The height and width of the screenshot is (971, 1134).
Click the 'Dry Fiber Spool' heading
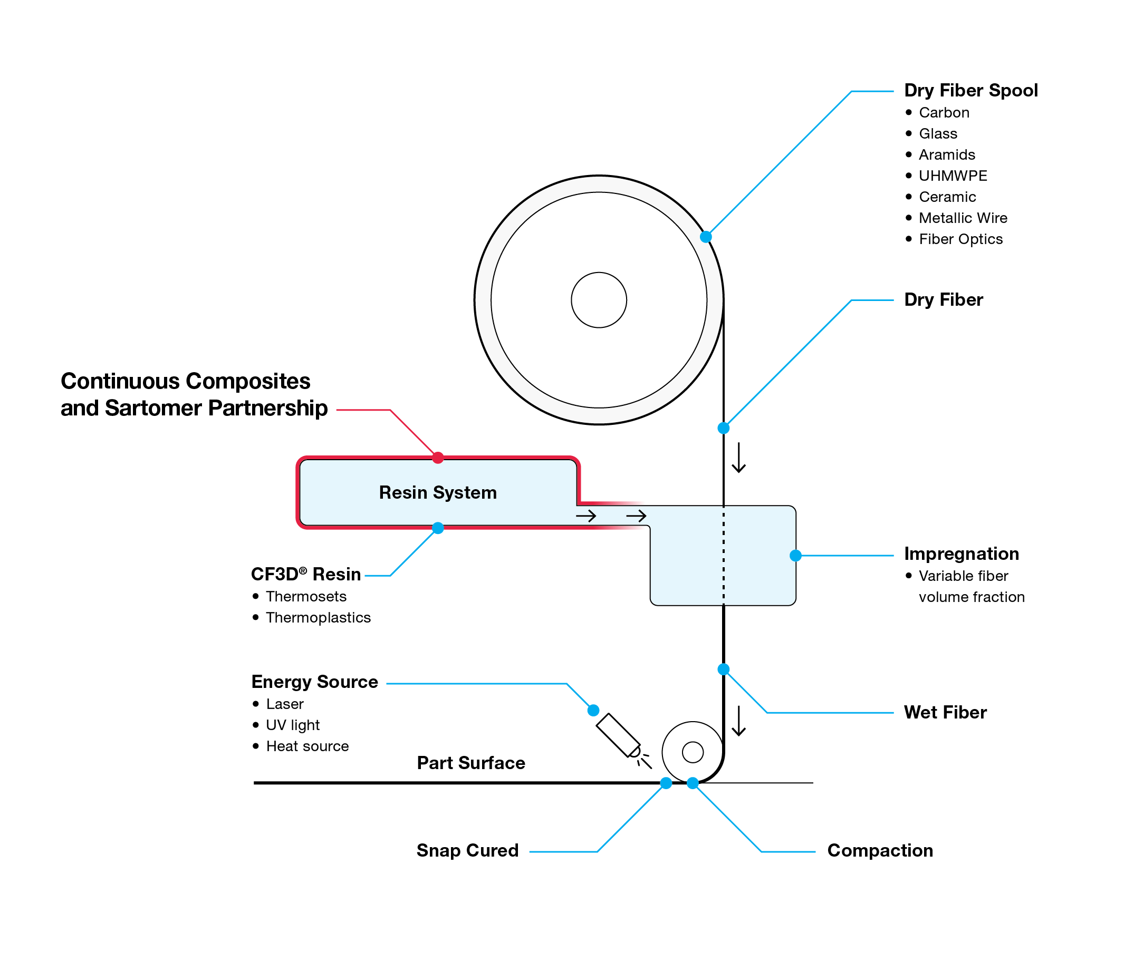point(970,90)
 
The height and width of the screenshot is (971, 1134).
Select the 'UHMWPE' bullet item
point(953,176)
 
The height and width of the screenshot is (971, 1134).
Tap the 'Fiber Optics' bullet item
point(960,239)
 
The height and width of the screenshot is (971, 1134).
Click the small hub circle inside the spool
point(599,300)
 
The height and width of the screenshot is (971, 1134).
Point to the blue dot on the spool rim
point(706,237)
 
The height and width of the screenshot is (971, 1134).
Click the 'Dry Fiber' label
point(943,300)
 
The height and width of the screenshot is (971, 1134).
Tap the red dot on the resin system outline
point(438,458)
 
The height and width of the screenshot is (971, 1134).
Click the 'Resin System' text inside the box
point(438,492)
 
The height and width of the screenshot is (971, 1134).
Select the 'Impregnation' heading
point(961,554)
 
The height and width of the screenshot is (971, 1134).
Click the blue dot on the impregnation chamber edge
point(796,556)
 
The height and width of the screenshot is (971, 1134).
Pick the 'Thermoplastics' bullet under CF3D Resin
point(318,618)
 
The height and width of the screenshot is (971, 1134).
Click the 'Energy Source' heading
point(315,682)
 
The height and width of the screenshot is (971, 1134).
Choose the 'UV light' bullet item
point(292,725)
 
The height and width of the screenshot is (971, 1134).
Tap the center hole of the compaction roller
point(693,752)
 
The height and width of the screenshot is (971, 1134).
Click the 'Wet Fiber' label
point(945,712)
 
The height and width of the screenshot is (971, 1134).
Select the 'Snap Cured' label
point(467,850)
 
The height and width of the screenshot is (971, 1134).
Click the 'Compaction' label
point(880,850)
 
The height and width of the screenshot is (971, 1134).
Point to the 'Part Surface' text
point(470,763)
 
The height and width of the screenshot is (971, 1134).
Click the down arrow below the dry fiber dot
point(739,458)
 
